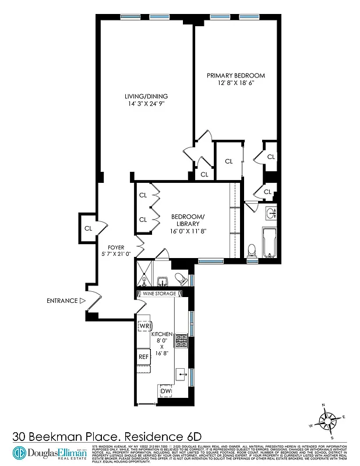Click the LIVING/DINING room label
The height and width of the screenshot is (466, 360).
146,97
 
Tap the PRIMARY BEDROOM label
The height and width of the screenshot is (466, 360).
236,76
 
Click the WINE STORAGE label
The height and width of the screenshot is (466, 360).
156,294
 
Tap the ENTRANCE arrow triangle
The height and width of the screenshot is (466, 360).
83,301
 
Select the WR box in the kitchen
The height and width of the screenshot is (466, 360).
145,325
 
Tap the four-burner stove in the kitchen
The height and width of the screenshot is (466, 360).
182,341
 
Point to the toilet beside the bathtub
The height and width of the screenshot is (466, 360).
252,250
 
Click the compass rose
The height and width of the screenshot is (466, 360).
329,420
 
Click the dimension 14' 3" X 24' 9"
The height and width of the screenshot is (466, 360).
146,104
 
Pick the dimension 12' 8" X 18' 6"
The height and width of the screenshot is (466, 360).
236,83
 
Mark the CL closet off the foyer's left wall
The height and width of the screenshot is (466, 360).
88,228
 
